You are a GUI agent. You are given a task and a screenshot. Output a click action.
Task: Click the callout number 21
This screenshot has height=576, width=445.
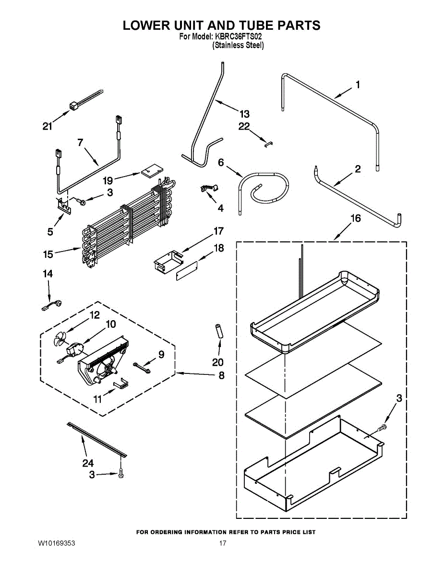click(x=47, y=126)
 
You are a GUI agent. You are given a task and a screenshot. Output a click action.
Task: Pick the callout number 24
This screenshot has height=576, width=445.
click(x=87, y=463)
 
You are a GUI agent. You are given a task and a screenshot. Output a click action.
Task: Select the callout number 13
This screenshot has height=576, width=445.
click(x=244, y=114)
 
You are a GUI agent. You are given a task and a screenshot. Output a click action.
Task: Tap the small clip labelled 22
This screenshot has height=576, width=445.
click(x=268, y=142)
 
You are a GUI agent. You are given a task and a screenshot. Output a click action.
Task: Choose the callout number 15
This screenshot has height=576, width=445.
click(x=48, y=254)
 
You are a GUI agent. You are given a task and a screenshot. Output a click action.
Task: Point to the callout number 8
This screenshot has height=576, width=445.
click(x=221, y=376)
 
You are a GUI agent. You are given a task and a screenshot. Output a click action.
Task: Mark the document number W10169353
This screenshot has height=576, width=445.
click(x=56, y=543)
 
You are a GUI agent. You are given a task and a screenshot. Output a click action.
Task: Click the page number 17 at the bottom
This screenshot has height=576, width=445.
click(x=223, y=543)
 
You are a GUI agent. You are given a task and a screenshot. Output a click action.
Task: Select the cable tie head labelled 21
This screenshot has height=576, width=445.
click(x=73, y=106)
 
